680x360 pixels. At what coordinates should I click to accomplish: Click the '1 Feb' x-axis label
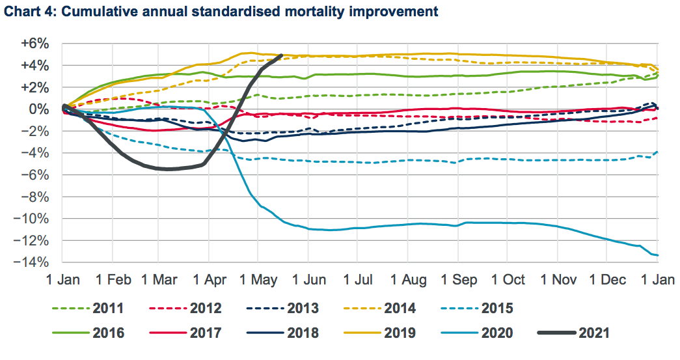[x=113, y=280]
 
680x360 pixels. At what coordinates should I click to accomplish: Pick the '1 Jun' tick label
[x=309, y=280]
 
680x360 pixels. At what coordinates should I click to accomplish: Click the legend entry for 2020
[x=496, y=333]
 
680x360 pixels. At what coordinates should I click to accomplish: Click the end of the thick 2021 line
[x=280, y=55]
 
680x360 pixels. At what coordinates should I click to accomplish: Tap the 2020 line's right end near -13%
[x=657, y=255]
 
